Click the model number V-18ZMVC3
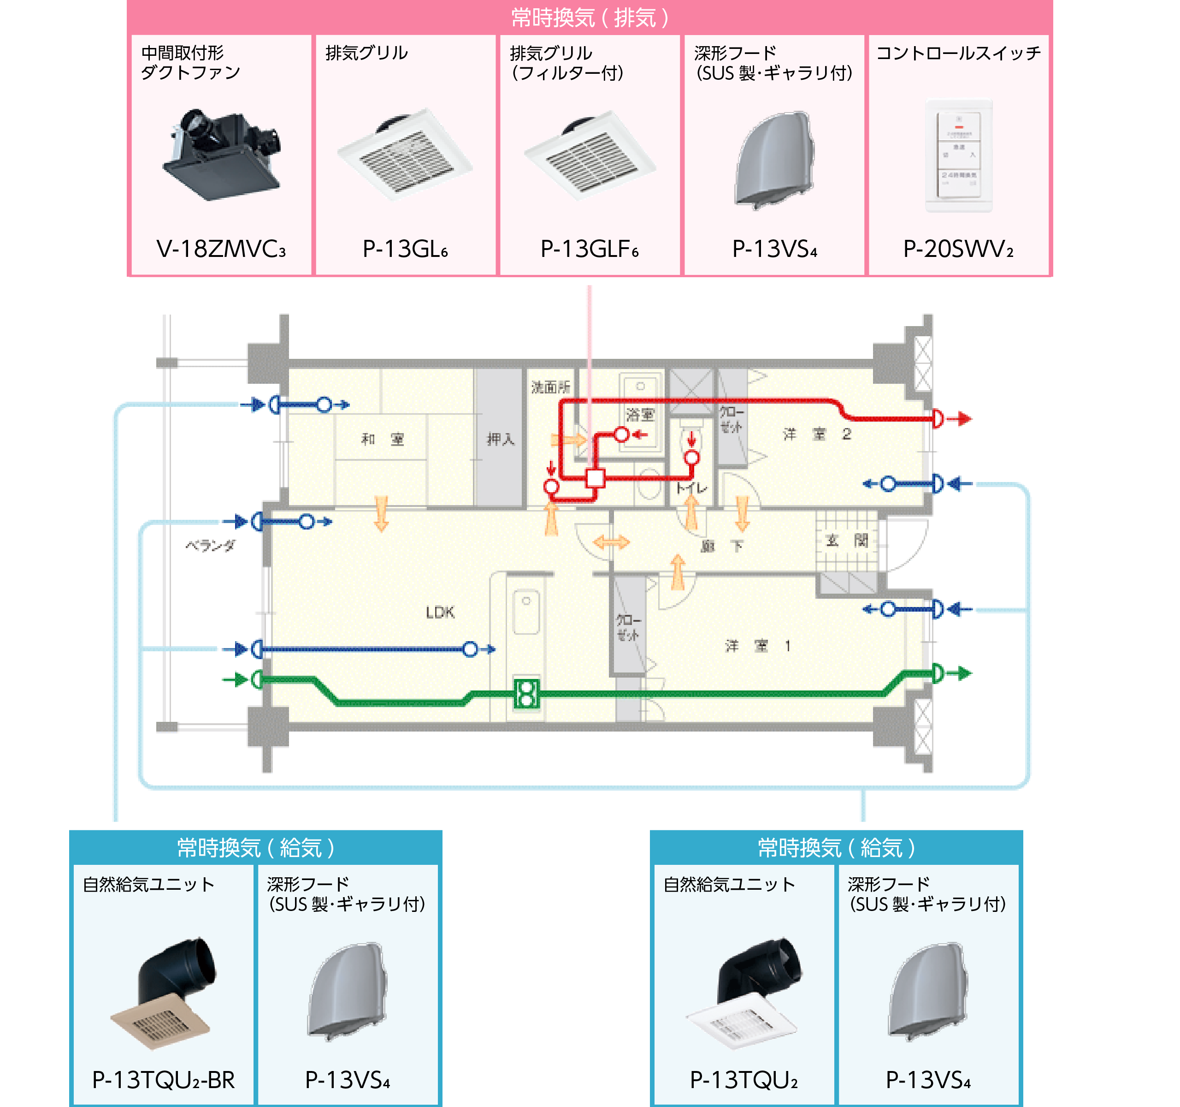(221, 249)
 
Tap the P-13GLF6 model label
(590, 249)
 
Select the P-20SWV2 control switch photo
(959, 155)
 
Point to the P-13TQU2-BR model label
(163, 1080)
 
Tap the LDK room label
(440, 612)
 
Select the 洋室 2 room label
(817, 434)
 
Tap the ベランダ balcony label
(211, 545)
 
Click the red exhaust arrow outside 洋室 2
(959, 419)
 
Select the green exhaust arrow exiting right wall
(959, 673)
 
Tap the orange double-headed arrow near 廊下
(611, 542)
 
